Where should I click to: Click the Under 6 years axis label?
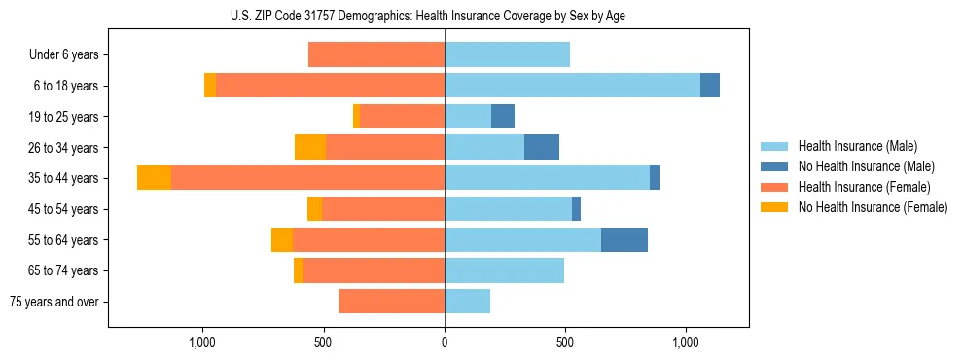pyautogui.click(x=63, y=54)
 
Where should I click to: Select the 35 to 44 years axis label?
pyautogui.click(x=64, y=178)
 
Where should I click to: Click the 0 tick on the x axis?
pyautogui.click(x=445, y=342)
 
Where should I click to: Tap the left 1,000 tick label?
pyautogui.click(x=202, y=342)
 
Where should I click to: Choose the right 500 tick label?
pyautogui.click(x=565, y=342)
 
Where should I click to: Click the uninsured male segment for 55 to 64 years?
pyautogui.click(x=624, y=239)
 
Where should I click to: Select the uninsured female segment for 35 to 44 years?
pyautogui.click(x=154, y=178)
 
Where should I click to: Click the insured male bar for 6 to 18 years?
pyautogui.click(x=572, y=86)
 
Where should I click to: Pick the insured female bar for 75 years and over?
pyautogui.click(x=391, y=302)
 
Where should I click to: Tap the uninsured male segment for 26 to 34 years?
pyautogui.click(x=542, y=147)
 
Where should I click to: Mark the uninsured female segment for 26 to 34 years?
pyautogui.click(x=310, y=147)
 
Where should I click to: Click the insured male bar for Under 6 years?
pyautogui.click(x=507, y=54)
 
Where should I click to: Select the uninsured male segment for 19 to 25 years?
pyautogui.click(x=503, y=117)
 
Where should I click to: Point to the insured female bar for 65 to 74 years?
pyautogui.click(x=374, y=270)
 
